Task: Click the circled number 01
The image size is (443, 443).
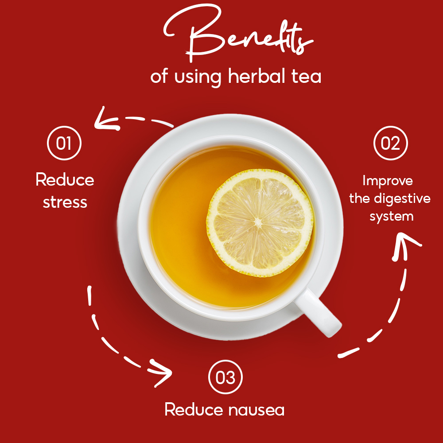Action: click(x=64, y=143)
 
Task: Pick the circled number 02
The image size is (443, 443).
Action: click(x=390, y=143)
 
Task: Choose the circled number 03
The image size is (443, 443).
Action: click(x=225, y=377)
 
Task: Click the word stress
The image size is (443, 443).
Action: click(x=65, y=202)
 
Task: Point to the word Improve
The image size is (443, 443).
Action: click(x=388, y=181)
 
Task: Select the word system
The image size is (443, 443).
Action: click(x=391, y=217)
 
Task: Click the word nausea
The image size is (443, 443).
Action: click(x=256, y=410)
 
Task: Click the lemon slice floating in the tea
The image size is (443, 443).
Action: click(x=260, y=223)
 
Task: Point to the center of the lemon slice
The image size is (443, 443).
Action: click(x=258, y=223)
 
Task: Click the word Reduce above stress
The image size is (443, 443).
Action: click(x=65, y=180)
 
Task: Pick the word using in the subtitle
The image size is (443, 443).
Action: click(x=198, y=77)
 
